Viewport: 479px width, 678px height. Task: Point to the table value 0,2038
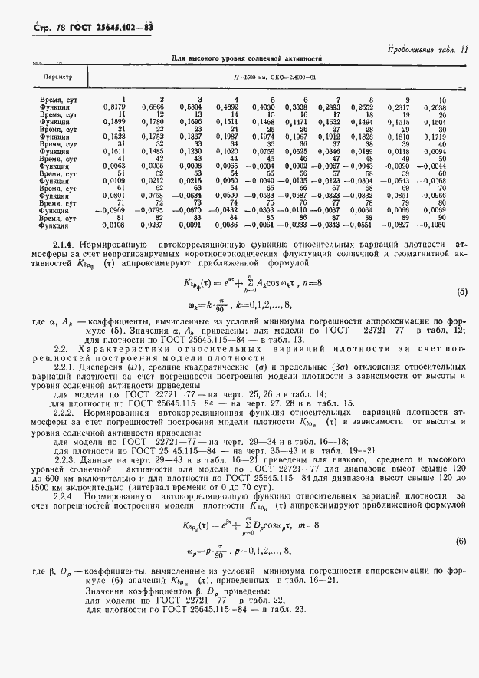coord(435,107)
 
